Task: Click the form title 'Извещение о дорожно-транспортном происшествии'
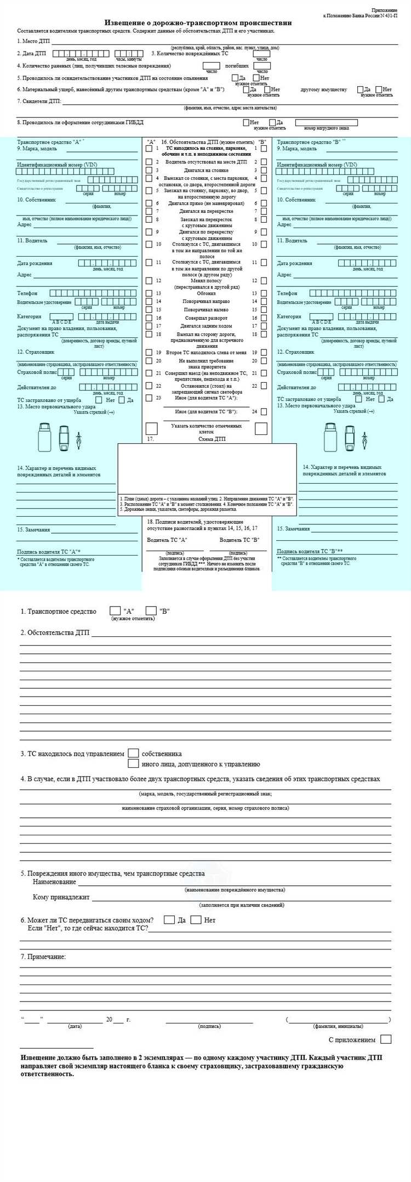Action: click(x=198, y=23)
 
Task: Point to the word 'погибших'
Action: click(x=237, y=65)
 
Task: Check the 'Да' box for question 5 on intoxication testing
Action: click(x=235, y=78)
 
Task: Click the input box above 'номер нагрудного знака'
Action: click(x=326, y=123)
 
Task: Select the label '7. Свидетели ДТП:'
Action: click(x=39, y=101)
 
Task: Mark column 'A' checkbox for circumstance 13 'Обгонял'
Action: click(x=149, y=293)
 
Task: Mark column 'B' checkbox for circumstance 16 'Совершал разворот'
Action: click(x=264, y=318)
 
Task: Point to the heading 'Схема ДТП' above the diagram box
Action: click(x=213, y=439)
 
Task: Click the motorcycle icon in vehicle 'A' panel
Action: click(x=79, y=439)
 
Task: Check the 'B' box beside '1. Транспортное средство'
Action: click(x=151, y=610)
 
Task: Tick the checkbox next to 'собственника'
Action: click(x=133, y=753)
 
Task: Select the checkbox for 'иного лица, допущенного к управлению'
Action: click(x=133, y=764)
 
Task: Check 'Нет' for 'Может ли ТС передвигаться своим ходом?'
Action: click(x=196, y=920)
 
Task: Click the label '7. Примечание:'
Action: click(x=43, y=957)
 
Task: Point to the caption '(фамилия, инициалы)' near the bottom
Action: click(x=338, y=1026)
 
